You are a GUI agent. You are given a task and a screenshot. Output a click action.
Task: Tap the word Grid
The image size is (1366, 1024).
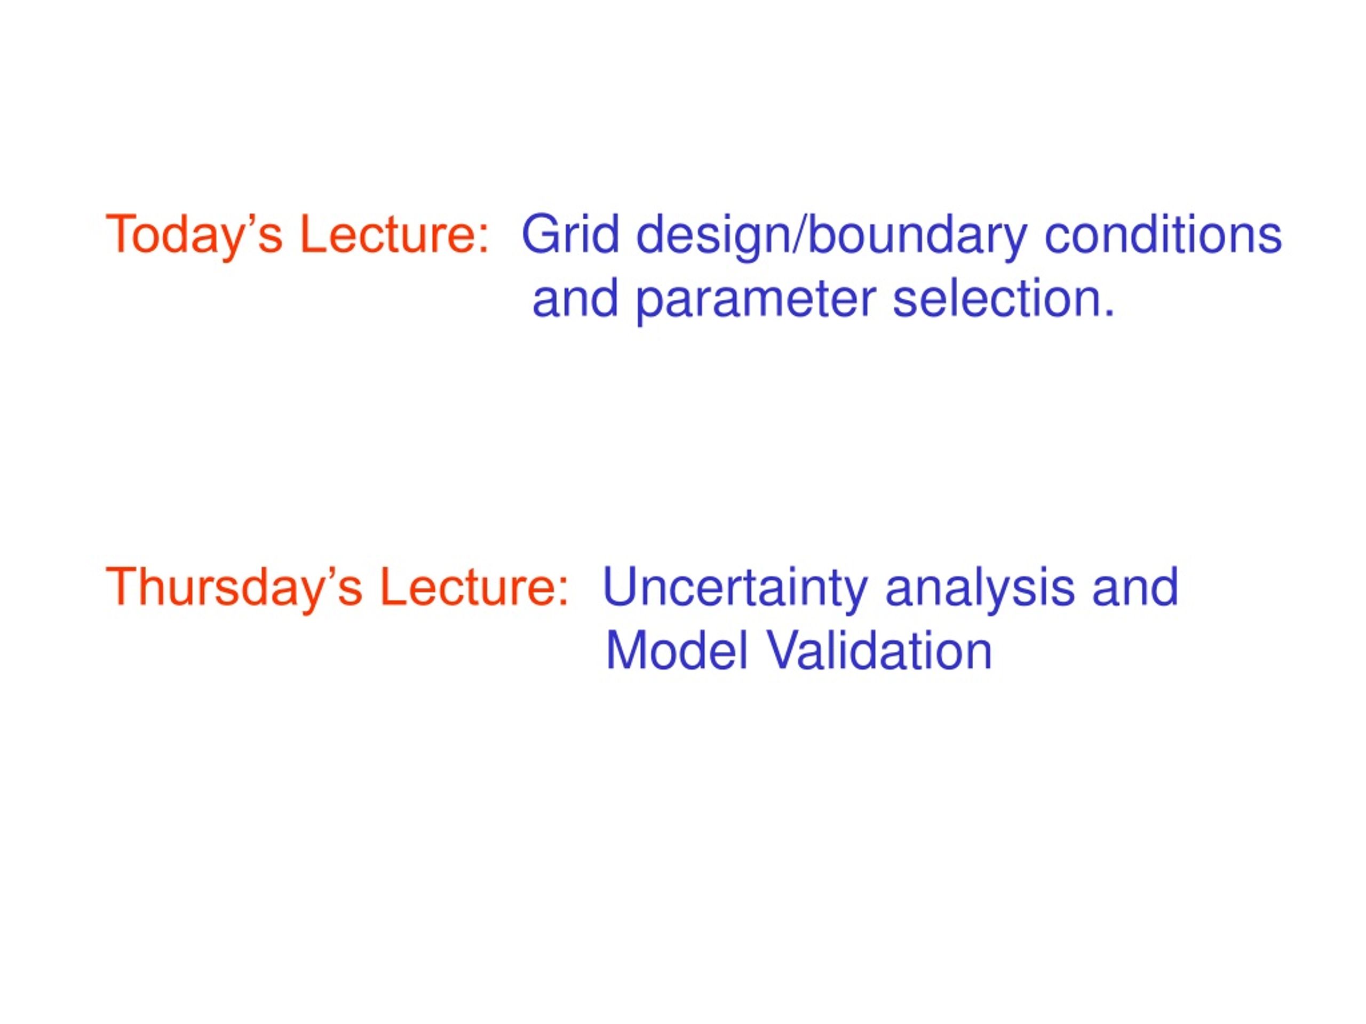570,234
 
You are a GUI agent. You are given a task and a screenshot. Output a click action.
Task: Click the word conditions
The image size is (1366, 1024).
1163,234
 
